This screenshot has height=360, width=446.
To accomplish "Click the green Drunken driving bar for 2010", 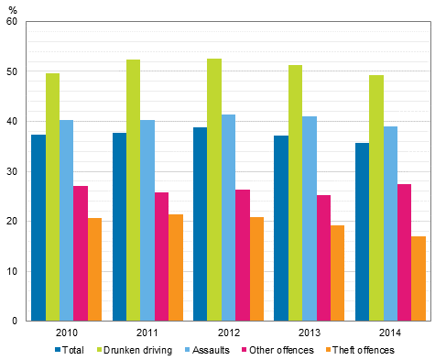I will point(52,197).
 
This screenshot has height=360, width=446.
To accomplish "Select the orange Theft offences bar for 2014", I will point(419,278).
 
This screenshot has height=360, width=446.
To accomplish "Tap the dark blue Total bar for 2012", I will point(200,224).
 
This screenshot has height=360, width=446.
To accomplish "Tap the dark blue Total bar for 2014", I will point(362,232).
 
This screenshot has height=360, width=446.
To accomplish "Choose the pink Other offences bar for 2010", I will point(81,253).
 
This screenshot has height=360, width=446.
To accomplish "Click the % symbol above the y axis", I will point(13,8).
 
